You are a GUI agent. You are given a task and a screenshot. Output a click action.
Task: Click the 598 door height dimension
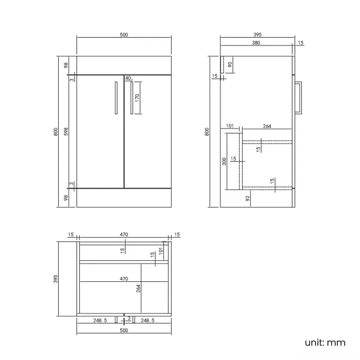(x=66, y=132)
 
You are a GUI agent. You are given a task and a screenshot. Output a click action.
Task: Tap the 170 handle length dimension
(x=137, y=98)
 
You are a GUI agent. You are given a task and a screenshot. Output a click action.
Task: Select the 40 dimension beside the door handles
(x=128, y=78)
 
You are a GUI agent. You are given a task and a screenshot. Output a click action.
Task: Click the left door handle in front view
(x=116, y=98)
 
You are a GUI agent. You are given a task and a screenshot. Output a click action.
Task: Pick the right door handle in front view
(x=132, y=98)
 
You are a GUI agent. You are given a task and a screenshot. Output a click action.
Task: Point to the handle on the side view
(x=299, y=97)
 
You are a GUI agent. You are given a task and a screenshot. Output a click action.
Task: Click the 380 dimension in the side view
(x=256, y=43)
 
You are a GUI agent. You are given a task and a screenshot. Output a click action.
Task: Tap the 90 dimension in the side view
(x=230, y=64)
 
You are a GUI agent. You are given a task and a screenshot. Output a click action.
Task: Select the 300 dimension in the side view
(x=224, y=161)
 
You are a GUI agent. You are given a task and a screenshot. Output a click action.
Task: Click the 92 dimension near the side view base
(x=248, y=198)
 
